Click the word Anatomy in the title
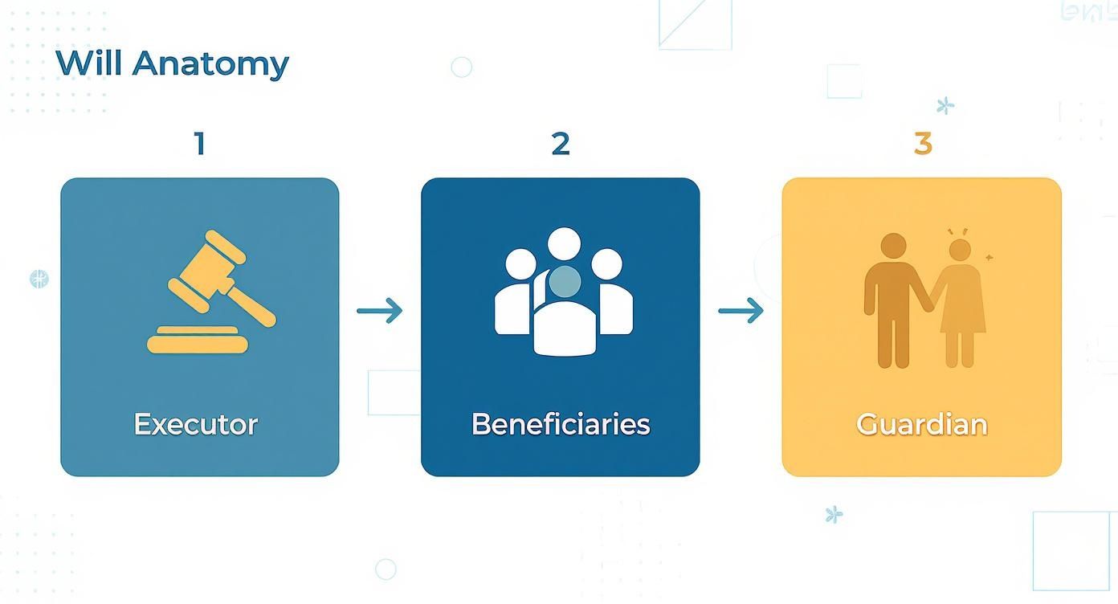coord(210,64)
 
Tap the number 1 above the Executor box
coord(199,145)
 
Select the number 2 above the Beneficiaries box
coord(561,145)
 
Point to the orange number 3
coord(923,145)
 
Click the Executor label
coord(196,424)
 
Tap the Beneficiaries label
coord(561,424)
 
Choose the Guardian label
coord(921,424)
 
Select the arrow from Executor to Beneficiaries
coord(380,310)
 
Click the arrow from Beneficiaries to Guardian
coord(741,310)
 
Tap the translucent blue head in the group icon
coord(565,280)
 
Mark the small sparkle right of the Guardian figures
coord(989,258)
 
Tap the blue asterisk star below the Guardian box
coord(834,515)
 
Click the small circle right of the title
coord(462,67)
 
